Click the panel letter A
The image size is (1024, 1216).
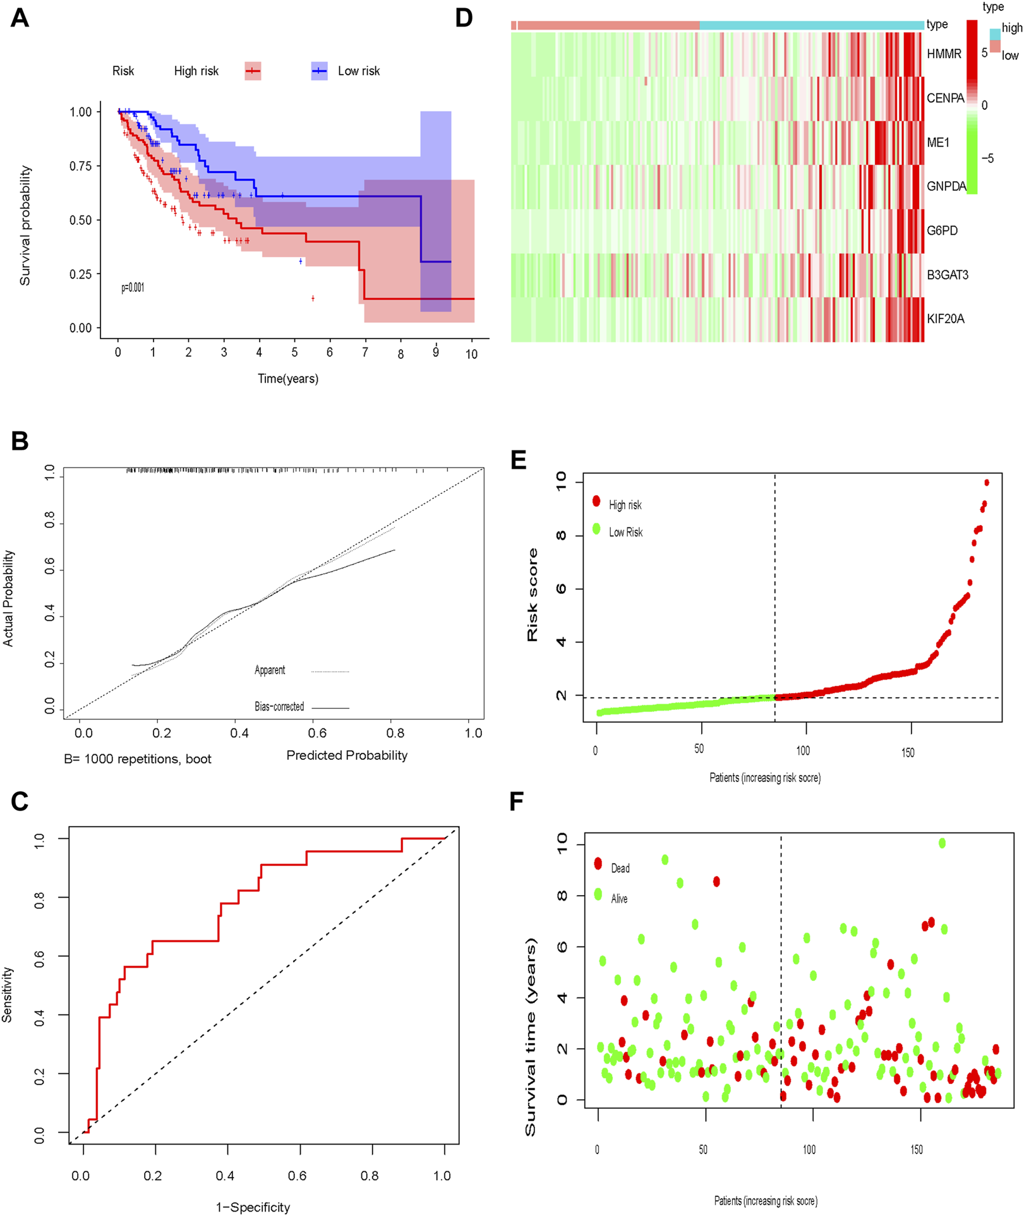(20, 18)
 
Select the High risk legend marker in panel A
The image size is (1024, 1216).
(253, 71)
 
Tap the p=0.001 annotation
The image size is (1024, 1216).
(133, 287)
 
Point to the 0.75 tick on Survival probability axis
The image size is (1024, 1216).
(80, 166)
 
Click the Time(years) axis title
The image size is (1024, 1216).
(287, 378)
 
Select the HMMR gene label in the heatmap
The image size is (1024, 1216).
(944, 54)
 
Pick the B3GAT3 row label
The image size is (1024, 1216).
(947, 275)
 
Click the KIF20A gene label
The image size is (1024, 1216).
(945, 319)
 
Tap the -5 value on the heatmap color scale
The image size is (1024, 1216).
(987, 159)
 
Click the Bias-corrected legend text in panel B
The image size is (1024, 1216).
(279, 707)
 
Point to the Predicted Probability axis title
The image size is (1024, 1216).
(347, 755)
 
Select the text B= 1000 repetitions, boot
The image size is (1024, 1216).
(138, 759)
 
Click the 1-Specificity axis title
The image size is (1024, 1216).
(253, 1207)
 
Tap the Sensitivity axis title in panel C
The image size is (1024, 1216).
(8, 994)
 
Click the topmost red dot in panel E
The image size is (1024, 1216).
(987, 483)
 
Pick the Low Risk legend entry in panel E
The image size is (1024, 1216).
(625, 533)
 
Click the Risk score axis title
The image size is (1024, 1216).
(533, 595)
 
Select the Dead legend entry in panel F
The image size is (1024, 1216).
(619, 869)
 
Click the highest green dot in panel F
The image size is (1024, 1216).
(942, 843)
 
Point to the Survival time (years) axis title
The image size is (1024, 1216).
(531, 1037)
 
